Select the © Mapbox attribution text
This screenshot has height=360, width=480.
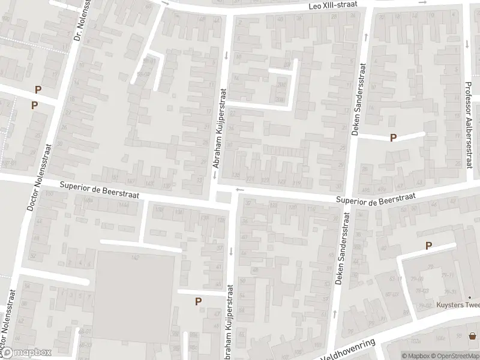(415, 355)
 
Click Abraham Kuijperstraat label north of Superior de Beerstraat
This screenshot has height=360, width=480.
(219, 128)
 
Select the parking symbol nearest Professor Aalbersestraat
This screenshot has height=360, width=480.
(394, 137)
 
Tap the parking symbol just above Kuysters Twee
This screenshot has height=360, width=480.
(428, 245)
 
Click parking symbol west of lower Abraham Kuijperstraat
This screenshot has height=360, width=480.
(198, 302)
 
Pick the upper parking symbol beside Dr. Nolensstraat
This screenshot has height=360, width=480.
(38, 90)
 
